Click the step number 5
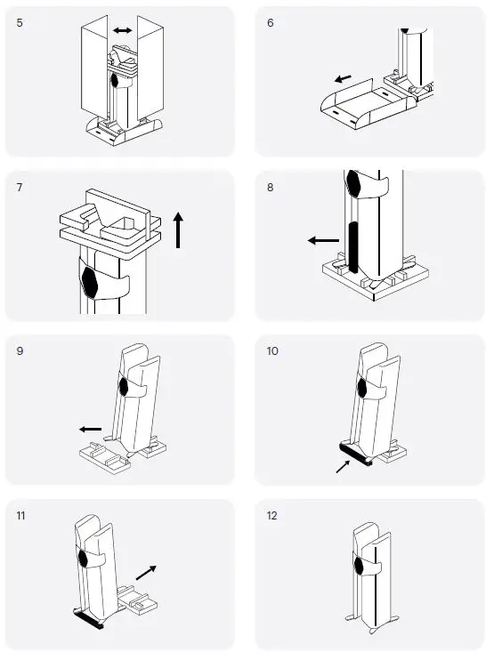[20, 23]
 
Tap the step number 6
[271, 23]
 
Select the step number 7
[20, 187]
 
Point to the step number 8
[271, 187]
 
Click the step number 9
[20, 351]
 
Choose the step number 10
[272, 351]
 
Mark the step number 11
[20, 515]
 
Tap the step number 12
[272, 515]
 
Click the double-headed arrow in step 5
[123, 30]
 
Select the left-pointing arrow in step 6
[344, 78]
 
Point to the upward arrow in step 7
[178, 230]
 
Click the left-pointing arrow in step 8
[323, 241]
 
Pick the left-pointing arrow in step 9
[91, 430]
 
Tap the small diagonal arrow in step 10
[344, 466]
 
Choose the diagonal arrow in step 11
[146, 573]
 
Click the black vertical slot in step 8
[353, 247]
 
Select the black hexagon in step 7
[89, 282]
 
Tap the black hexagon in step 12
[359, 566]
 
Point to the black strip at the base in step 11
[89, 620]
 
